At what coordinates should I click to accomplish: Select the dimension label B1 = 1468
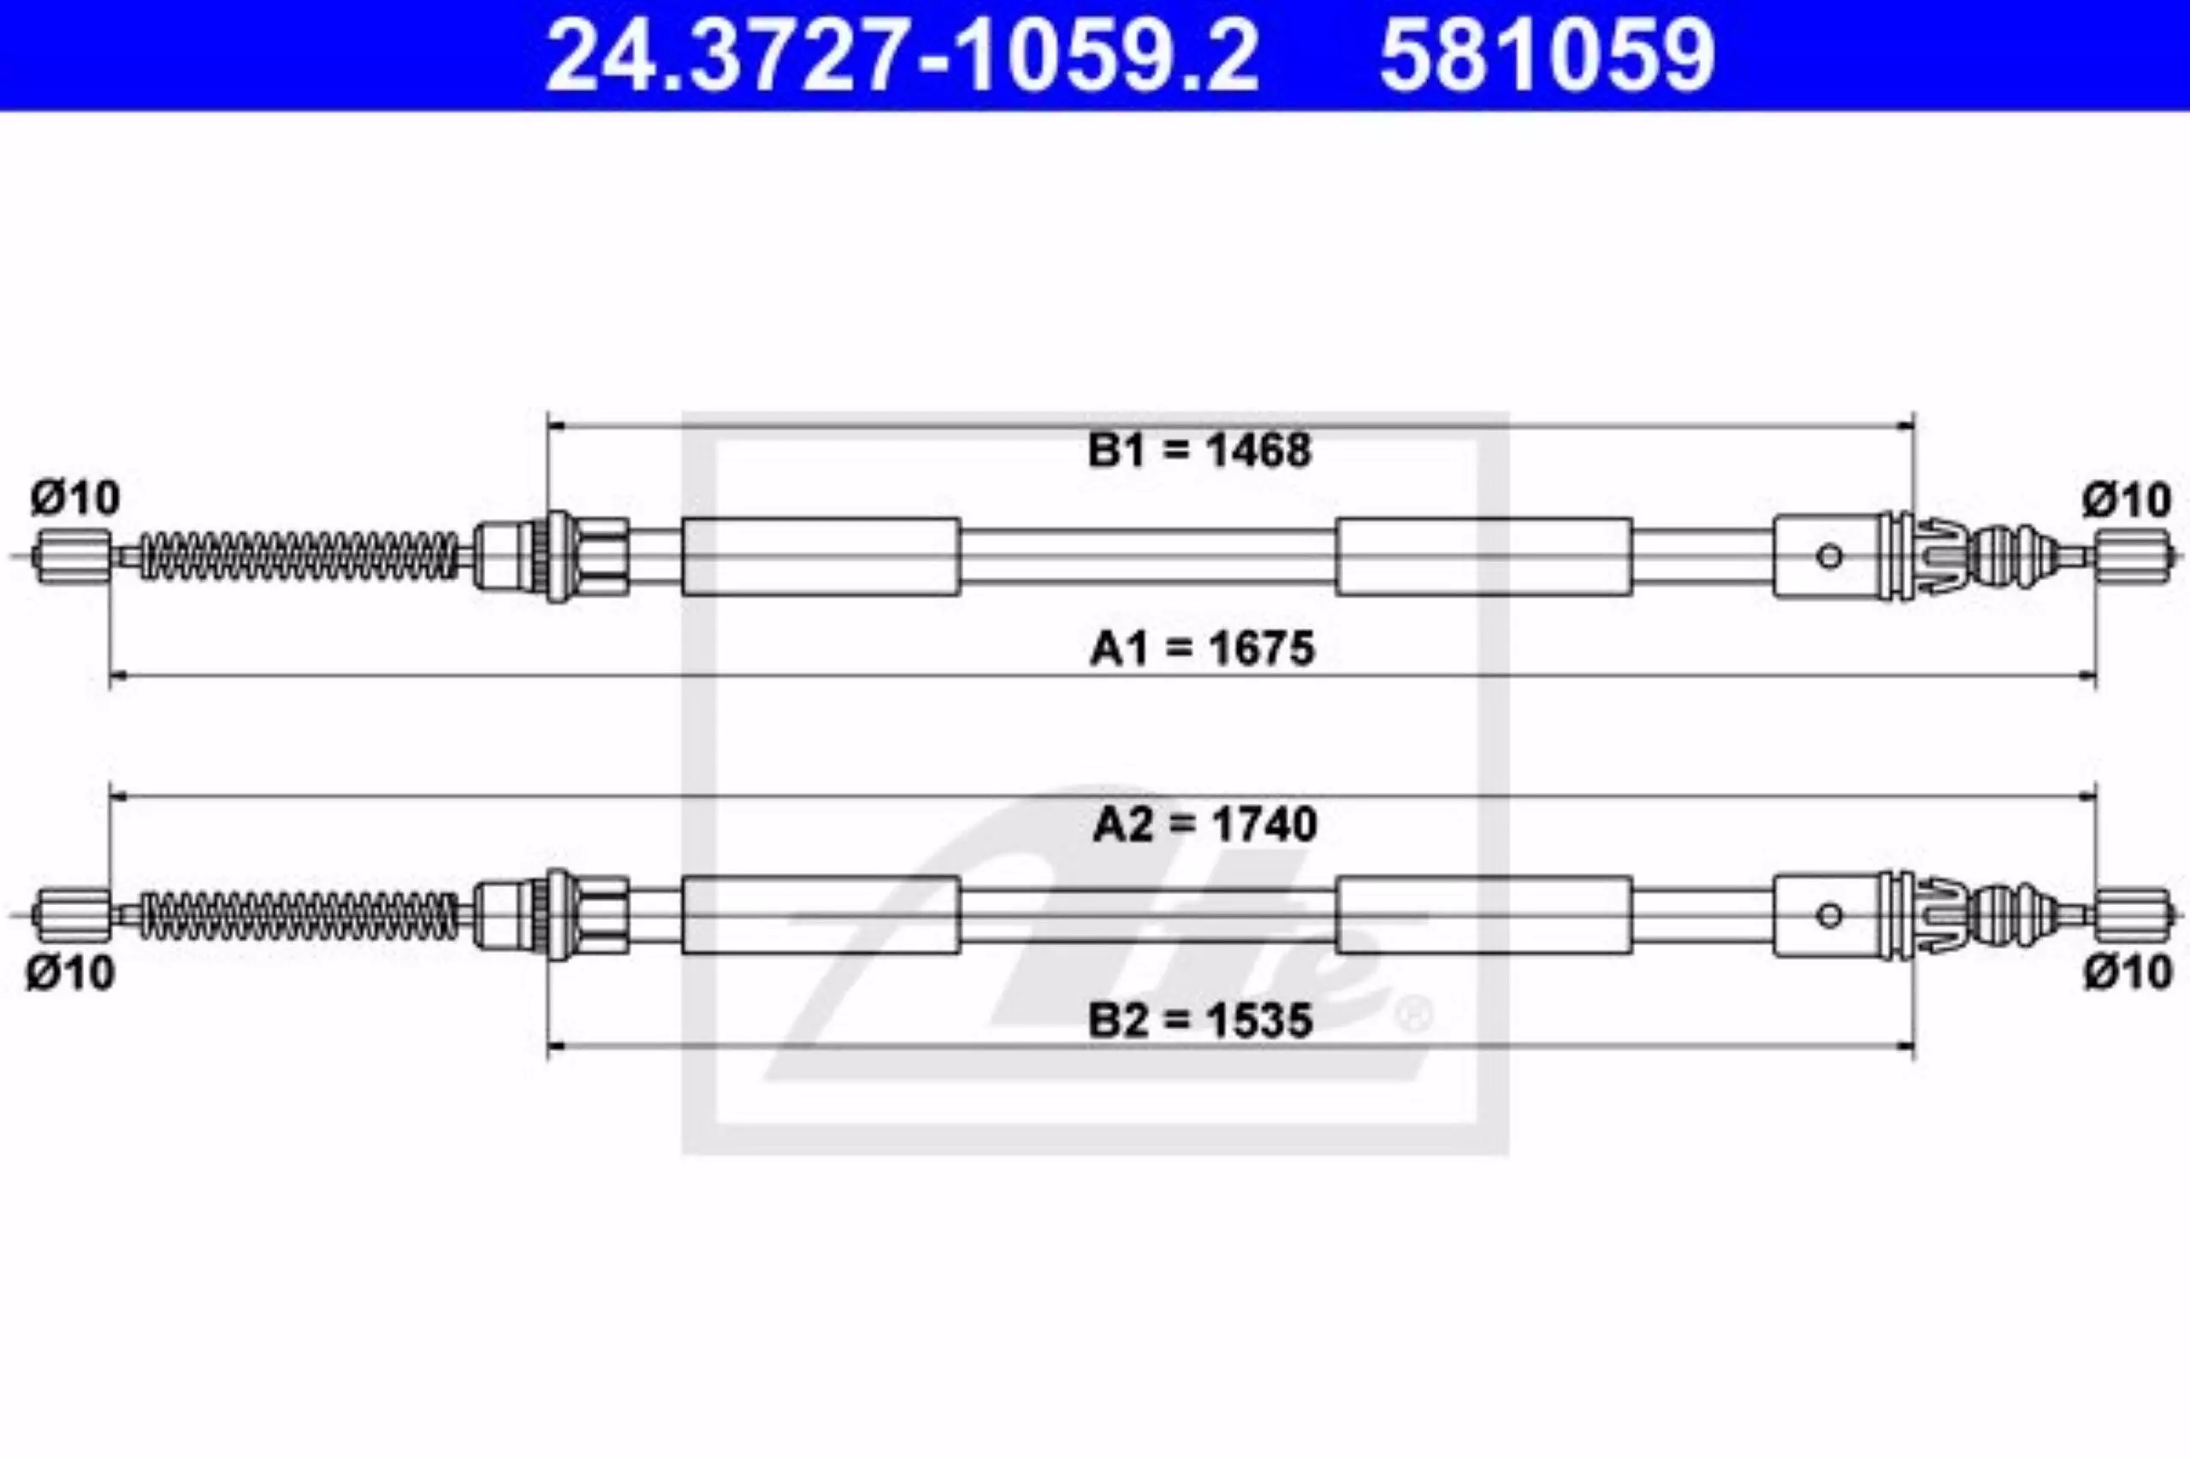(x=1200, y=450)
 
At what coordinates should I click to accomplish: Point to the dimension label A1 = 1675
(x=1202, y=648)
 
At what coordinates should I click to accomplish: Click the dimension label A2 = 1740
(x=1204, y=824)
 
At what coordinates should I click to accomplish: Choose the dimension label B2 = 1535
(x=1200, y=1020)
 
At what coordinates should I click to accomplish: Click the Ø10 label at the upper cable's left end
(x=75, y=498)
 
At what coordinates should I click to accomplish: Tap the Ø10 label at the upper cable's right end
(x=2128, y=501)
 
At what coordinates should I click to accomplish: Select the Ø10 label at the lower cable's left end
(x=70, y=974)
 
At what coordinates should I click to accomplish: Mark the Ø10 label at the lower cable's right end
(x=2128, y=973)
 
